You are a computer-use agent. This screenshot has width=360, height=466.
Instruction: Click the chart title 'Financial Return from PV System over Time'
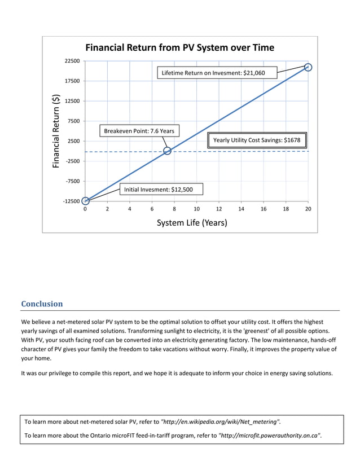[179, 47]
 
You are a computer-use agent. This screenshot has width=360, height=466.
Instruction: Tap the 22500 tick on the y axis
[72, 61]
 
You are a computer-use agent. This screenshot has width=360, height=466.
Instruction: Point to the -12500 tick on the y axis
[71, 201]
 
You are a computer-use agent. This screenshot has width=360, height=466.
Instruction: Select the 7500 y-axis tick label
[73, 121]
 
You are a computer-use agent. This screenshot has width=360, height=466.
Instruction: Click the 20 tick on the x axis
[308, 209]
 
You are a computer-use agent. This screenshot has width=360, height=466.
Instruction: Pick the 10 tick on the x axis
[196, 209]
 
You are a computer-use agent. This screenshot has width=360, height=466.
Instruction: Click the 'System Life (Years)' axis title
[192, 223]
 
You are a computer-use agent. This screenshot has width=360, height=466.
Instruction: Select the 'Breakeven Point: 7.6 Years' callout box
[139, 131]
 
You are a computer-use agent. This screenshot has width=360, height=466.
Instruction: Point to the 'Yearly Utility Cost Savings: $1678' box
[257, 140]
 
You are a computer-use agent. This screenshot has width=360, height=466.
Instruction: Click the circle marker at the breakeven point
[167, 151]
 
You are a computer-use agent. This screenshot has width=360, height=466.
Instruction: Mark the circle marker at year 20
[308, 68]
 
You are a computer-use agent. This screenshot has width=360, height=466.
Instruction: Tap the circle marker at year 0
[85, 201]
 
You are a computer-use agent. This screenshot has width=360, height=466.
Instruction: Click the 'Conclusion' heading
[42, 304]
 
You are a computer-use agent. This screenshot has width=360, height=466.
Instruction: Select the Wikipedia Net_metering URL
[220, 421]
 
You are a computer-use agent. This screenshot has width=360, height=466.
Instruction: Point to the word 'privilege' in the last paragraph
[65, 373]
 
